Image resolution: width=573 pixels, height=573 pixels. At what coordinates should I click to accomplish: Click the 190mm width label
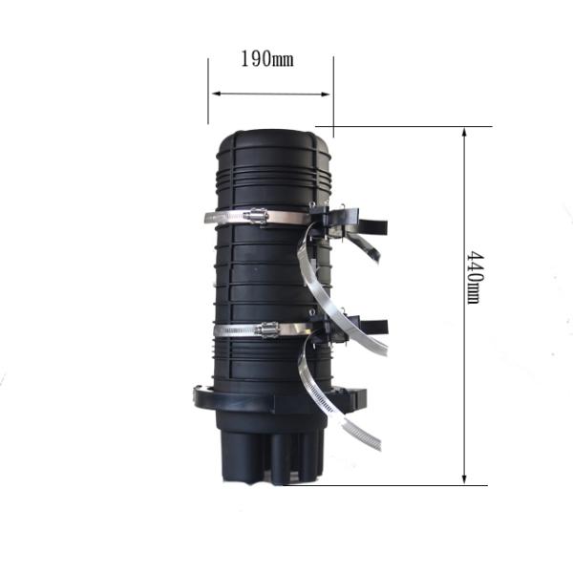(266, 60)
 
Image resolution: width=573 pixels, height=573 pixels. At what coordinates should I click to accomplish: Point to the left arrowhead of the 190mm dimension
(215, 94)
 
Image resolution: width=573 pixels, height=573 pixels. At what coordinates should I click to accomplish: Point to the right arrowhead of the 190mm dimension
(328, 94)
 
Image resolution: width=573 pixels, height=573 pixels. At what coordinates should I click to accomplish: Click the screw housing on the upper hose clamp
(256, 217)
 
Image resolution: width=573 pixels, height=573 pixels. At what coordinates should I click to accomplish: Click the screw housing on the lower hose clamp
(266, 329)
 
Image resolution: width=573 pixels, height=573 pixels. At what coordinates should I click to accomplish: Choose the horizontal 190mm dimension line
(271, 94)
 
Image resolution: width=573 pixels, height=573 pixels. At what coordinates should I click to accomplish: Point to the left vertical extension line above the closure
(208, 91)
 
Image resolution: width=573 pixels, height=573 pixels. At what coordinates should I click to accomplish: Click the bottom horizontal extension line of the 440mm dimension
(401, 485)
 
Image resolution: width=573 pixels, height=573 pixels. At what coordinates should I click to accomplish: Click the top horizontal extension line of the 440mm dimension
(411, 126)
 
